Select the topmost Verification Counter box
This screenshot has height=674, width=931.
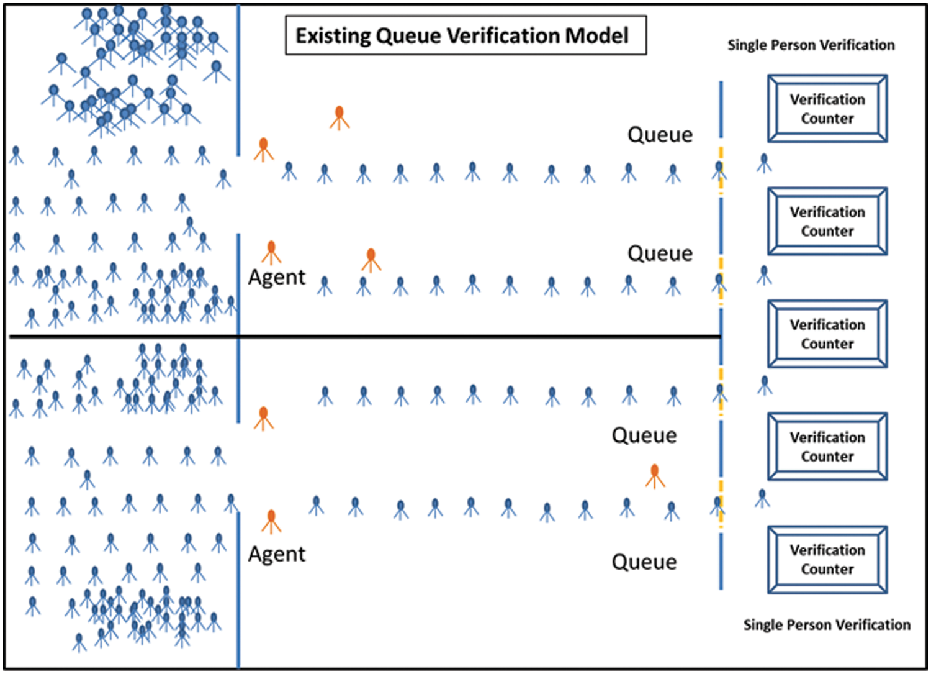(x=827, y=109)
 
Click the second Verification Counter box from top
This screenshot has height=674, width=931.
(x=827, y=221)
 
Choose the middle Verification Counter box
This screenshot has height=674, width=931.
(x=827, y=334)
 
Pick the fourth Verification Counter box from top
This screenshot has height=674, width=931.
(x=827, y=447)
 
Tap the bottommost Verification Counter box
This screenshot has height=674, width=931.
(x=827, y=560)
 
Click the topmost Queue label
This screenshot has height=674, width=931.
(x=660, y=135)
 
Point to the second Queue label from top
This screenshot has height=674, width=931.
(x=660, y=253)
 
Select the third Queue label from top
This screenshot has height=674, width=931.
(x=644, y=435)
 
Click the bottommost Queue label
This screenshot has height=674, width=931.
(x=644, y=562)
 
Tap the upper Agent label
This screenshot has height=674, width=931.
(x=276, y=277)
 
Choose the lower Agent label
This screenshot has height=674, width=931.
(x=276, y=554)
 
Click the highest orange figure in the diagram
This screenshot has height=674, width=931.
(x=339, y=117)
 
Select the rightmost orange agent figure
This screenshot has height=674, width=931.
(x=655, y=476)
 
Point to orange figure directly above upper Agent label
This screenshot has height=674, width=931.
(x=271, y=252)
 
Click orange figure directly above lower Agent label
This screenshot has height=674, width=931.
(x=271, y=521)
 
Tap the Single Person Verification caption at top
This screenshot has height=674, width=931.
(x=811, y=45)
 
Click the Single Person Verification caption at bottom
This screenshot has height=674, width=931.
(x=827, y=625)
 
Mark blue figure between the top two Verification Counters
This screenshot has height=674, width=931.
(x=764, y=163)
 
